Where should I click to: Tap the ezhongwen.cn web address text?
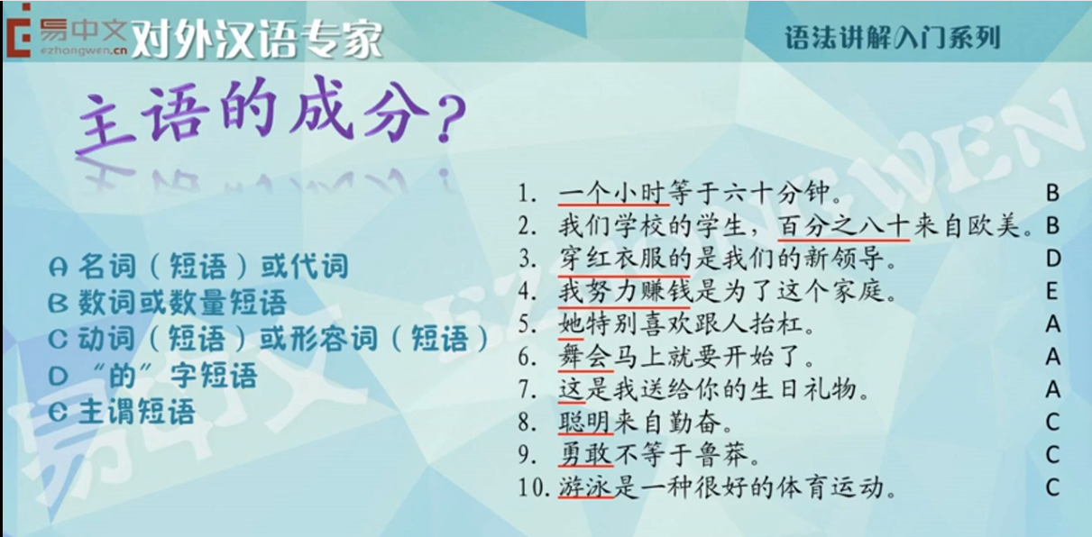84,50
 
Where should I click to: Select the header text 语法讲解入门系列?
892,38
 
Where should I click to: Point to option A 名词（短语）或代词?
199,266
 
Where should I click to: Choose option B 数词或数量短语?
168,302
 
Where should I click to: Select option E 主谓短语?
122,411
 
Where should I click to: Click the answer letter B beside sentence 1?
1052,194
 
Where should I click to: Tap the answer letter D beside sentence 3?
1053,259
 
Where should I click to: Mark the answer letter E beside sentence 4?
1052,291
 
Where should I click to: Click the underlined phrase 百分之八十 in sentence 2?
844,226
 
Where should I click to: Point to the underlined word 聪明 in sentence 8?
585,422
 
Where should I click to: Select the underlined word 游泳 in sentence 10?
585,487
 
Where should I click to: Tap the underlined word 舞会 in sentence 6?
584,357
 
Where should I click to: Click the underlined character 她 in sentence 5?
571,324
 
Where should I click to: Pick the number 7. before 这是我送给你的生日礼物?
527,390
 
